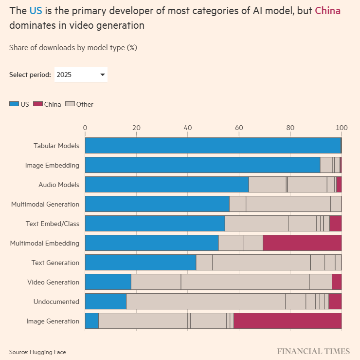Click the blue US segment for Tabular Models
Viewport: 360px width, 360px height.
pyautogui.click(x=213, y=146)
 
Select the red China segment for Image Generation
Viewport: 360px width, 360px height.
pyautogui.click(x=288, y=321)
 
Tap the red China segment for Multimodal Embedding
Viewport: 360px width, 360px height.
pyautogui.click(x=302, y=243)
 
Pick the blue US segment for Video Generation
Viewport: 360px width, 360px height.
pyautogui.click(x=108, y=282)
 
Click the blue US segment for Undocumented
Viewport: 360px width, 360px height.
pyautogui.click(x=106, y=302)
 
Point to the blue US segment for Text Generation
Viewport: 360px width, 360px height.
pyautogui.click(x=141, y=263)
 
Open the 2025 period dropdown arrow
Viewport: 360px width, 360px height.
pyautogui.click(x=103, y=75)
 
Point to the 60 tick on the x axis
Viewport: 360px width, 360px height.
pyautogui.click(x=239, y=128)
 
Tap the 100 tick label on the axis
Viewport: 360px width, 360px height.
pyautogui.click(x=342, y=128)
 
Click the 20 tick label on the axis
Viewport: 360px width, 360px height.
pyautogui.click(x=136, y=128)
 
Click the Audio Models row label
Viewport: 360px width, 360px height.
pyautogui.click(x=59, y=185)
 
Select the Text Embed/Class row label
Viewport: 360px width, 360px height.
pyautogui.click(x=53, y=224)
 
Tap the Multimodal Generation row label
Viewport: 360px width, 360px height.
pyautogui.click(x=45, y=204)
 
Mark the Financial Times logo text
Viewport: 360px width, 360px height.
pyautogui.click(x=313, y=351)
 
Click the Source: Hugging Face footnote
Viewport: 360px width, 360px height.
pyautogui.click(x=37, y=352)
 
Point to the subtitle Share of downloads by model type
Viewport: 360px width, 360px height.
pyautogui.click(x=73, y=48)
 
